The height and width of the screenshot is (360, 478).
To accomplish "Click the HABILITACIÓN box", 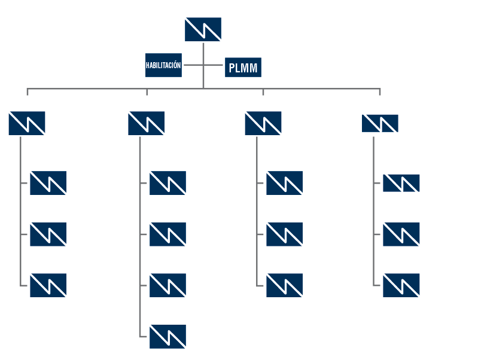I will click(x=163, y=66).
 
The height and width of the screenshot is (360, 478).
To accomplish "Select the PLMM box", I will click(x=243, y=66).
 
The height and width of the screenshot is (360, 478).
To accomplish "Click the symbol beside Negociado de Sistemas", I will click(x=26, y=123).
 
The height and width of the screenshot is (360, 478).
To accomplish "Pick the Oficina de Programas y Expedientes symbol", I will click(x=48, y=183).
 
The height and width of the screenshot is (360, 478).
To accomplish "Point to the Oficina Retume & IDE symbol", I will click(x=48, y=234).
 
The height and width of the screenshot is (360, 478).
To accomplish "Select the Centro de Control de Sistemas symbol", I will click(x=167, y=337).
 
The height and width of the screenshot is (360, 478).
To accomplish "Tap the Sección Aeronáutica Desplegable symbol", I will click(x=284, y=285).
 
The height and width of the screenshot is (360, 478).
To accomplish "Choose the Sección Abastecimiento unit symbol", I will click(x=401, y=234).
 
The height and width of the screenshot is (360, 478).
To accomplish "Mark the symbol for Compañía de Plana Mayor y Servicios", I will click(x=379, y=123).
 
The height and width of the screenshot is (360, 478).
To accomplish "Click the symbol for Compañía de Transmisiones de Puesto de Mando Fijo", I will click(x=146, y=123).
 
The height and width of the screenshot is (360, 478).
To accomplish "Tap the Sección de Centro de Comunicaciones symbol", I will click(x=167, y=183).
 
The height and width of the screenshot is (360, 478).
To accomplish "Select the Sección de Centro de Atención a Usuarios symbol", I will click(x=167, y=285).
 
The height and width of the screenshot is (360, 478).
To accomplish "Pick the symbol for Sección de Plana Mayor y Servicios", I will click(x=401, y=183).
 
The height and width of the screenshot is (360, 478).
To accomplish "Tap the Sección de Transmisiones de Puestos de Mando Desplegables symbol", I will click(x=284, y=183).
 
